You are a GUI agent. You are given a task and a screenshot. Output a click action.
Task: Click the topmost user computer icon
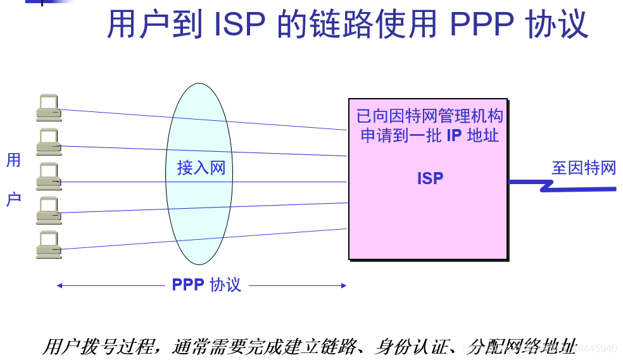(48, 108)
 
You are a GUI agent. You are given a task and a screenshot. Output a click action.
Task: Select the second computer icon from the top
(48, 142)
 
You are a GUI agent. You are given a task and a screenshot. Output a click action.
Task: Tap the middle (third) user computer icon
(48, 176)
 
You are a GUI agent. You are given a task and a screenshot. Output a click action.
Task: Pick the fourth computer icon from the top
(48, 210)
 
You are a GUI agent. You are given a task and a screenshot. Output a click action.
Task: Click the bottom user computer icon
(48, 244)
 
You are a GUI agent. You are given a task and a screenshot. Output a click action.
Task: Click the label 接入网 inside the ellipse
(201, 168)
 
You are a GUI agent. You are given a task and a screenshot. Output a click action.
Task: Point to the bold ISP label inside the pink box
(430, 178)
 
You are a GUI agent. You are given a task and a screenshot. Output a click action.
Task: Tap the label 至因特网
(584, 168)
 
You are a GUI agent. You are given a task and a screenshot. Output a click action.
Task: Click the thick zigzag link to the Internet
(557, 185)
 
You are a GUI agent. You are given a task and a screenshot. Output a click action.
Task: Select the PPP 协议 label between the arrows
(206, 285)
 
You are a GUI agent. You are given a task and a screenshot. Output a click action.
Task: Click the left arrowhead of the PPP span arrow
(59, 285)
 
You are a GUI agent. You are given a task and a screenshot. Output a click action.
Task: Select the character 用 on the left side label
(13, 160)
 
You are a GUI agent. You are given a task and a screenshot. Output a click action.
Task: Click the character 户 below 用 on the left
(13, 199)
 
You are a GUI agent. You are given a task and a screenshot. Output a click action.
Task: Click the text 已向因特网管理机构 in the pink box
(429, 116)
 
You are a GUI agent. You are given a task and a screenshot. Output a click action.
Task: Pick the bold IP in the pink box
(454, 135)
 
